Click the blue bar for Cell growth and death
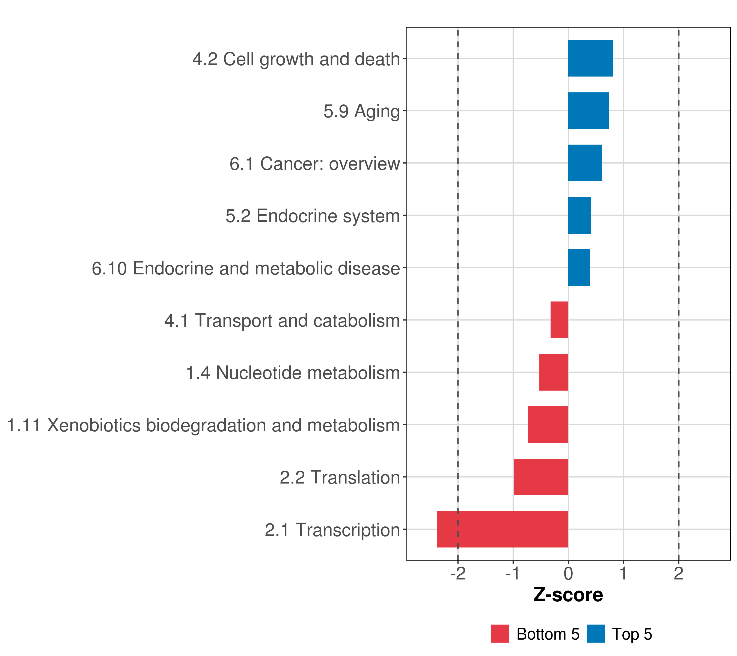[590, 58]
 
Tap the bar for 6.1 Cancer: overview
[585, 163]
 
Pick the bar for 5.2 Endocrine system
[580, 216]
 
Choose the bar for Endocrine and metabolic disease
[579, 268]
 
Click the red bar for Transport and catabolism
[559, 320]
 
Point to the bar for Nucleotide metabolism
[554, 372]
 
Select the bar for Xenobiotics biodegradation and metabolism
[548, 424]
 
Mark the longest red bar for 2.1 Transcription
[503, 529]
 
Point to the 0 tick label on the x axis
[568, 574]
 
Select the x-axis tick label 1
[623, 574]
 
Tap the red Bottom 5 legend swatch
[500, 634]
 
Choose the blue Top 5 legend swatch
[596, 634]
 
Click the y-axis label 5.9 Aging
[362, 112]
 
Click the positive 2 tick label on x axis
[679, 574]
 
